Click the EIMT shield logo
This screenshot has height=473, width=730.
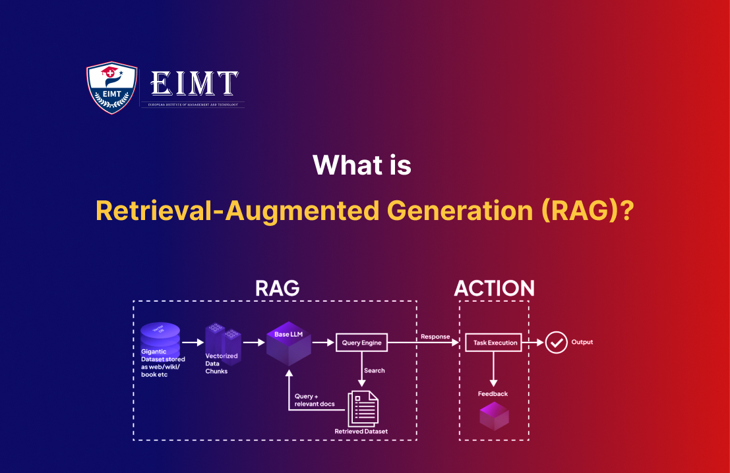click(112, 88)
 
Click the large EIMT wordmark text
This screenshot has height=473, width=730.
click(194, 83)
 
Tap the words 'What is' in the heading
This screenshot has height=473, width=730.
click(362, 165)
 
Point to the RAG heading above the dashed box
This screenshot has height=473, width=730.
click(277, 288)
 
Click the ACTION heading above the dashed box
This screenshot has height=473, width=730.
click(494, 288)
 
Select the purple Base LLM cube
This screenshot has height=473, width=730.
click(288, 345)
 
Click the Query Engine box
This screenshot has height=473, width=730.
click(361, 343)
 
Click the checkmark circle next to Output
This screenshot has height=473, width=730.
click(557, 343)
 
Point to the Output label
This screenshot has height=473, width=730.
click(582, 343)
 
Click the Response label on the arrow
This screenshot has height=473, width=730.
click(435, 337)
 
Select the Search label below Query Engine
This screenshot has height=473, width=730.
click(375, 370)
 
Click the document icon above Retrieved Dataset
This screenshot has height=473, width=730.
click(363, 408)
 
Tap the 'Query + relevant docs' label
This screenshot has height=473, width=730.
click(315, 400)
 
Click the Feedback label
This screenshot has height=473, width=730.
click(493, 394)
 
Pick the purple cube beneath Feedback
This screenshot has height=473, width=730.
click(494, 416)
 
